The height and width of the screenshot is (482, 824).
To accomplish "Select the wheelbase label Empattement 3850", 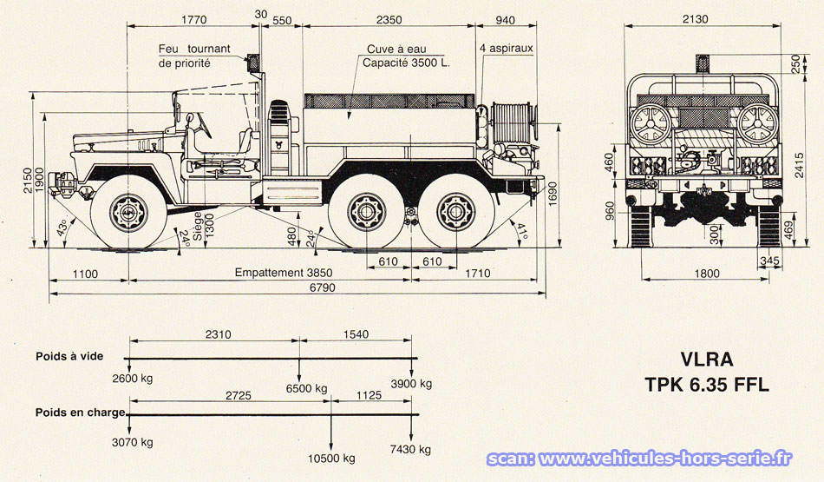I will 284,273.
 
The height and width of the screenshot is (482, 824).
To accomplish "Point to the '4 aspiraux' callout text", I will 506,49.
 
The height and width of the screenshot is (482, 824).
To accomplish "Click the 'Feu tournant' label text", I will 194,49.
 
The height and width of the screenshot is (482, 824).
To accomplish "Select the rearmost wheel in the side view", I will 453,212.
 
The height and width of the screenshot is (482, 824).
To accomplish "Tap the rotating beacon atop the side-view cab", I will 254,63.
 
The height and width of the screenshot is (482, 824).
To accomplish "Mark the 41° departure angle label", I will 522,231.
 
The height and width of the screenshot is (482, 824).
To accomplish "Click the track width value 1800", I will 708,274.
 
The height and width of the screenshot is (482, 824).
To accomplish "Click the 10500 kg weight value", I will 331,458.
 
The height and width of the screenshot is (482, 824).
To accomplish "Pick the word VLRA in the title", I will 707,359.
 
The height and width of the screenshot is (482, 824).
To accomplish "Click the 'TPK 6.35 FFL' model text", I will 706,385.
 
